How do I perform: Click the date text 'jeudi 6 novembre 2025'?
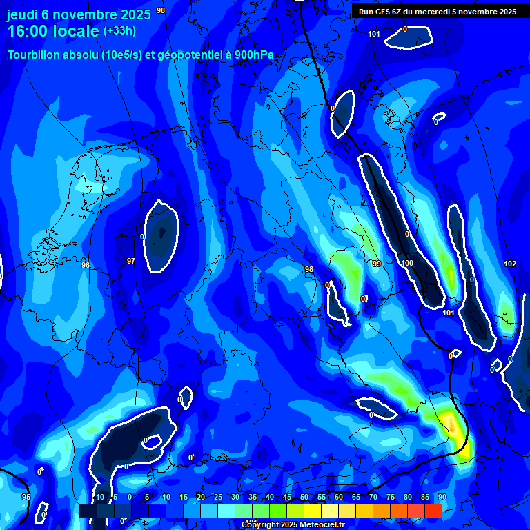79,13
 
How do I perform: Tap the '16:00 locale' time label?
53,31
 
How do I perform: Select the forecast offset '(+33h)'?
119,31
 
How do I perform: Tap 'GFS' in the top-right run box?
384,12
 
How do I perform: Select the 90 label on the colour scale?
442,497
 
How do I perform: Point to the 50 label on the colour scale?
304,497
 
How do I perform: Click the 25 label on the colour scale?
217,497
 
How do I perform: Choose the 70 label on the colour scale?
373,497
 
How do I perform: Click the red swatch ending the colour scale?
433,511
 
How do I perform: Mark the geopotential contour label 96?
86,265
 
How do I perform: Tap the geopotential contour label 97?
131,261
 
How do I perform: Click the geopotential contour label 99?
377,264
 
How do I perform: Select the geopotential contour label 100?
407,263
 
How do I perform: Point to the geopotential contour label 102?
510,264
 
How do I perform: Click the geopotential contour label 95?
26,497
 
